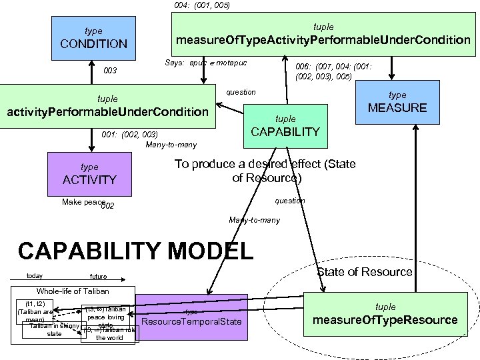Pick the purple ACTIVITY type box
(89, 174)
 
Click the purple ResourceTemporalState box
(191, 317)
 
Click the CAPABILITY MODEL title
(136, 251)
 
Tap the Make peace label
(83, 201)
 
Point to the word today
(34, 275)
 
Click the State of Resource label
(364, 272)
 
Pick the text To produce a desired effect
(265, 171)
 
